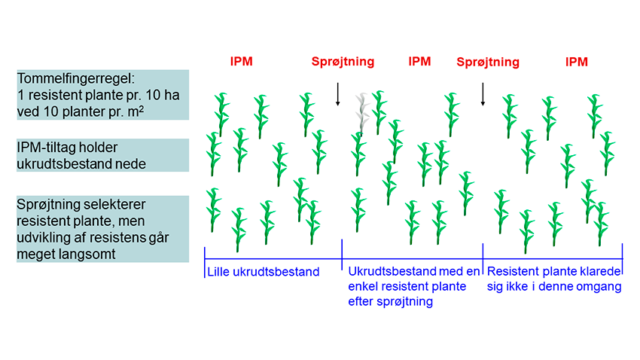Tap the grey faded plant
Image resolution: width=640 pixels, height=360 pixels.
click(x=362, y=113)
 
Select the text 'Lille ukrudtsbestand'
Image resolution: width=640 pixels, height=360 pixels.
click(x=263, y=272)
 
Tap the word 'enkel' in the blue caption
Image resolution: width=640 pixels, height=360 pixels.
click(x=363, y=287)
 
